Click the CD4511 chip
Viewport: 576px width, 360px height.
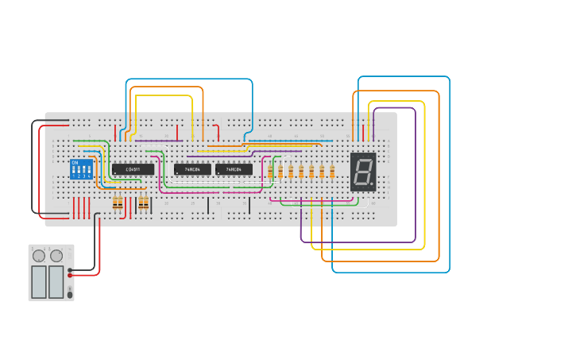[133, 169]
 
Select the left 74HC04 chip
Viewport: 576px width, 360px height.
[192, 169]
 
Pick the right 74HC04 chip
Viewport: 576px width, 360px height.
[234, 169]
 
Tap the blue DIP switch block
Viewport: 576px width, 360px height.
[81, 169]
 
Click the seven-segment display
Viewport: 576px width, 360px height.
[363, 172]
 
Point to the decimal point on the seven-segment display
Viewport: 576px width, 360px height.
[371, 184]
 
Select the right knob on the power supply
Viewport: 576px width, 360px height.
[56, 256]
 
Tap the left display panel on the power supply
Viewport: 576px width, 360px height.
[39, 281]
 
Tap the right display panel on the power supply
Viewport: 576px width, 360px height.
[56, 281]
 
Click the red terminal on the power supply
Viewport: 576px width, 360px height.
[70, 275]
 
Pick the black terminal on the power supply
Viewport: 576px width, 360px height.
[70, 269]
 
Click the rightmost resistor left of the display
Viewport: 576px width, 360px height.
[332, 172]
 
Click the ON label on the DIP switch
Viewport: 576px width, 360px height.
[75, 162]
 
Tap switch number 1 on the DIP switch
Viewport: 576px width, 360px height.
[75, 170]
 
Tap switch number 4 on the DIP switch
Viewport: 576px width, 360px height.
[87, 170]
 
